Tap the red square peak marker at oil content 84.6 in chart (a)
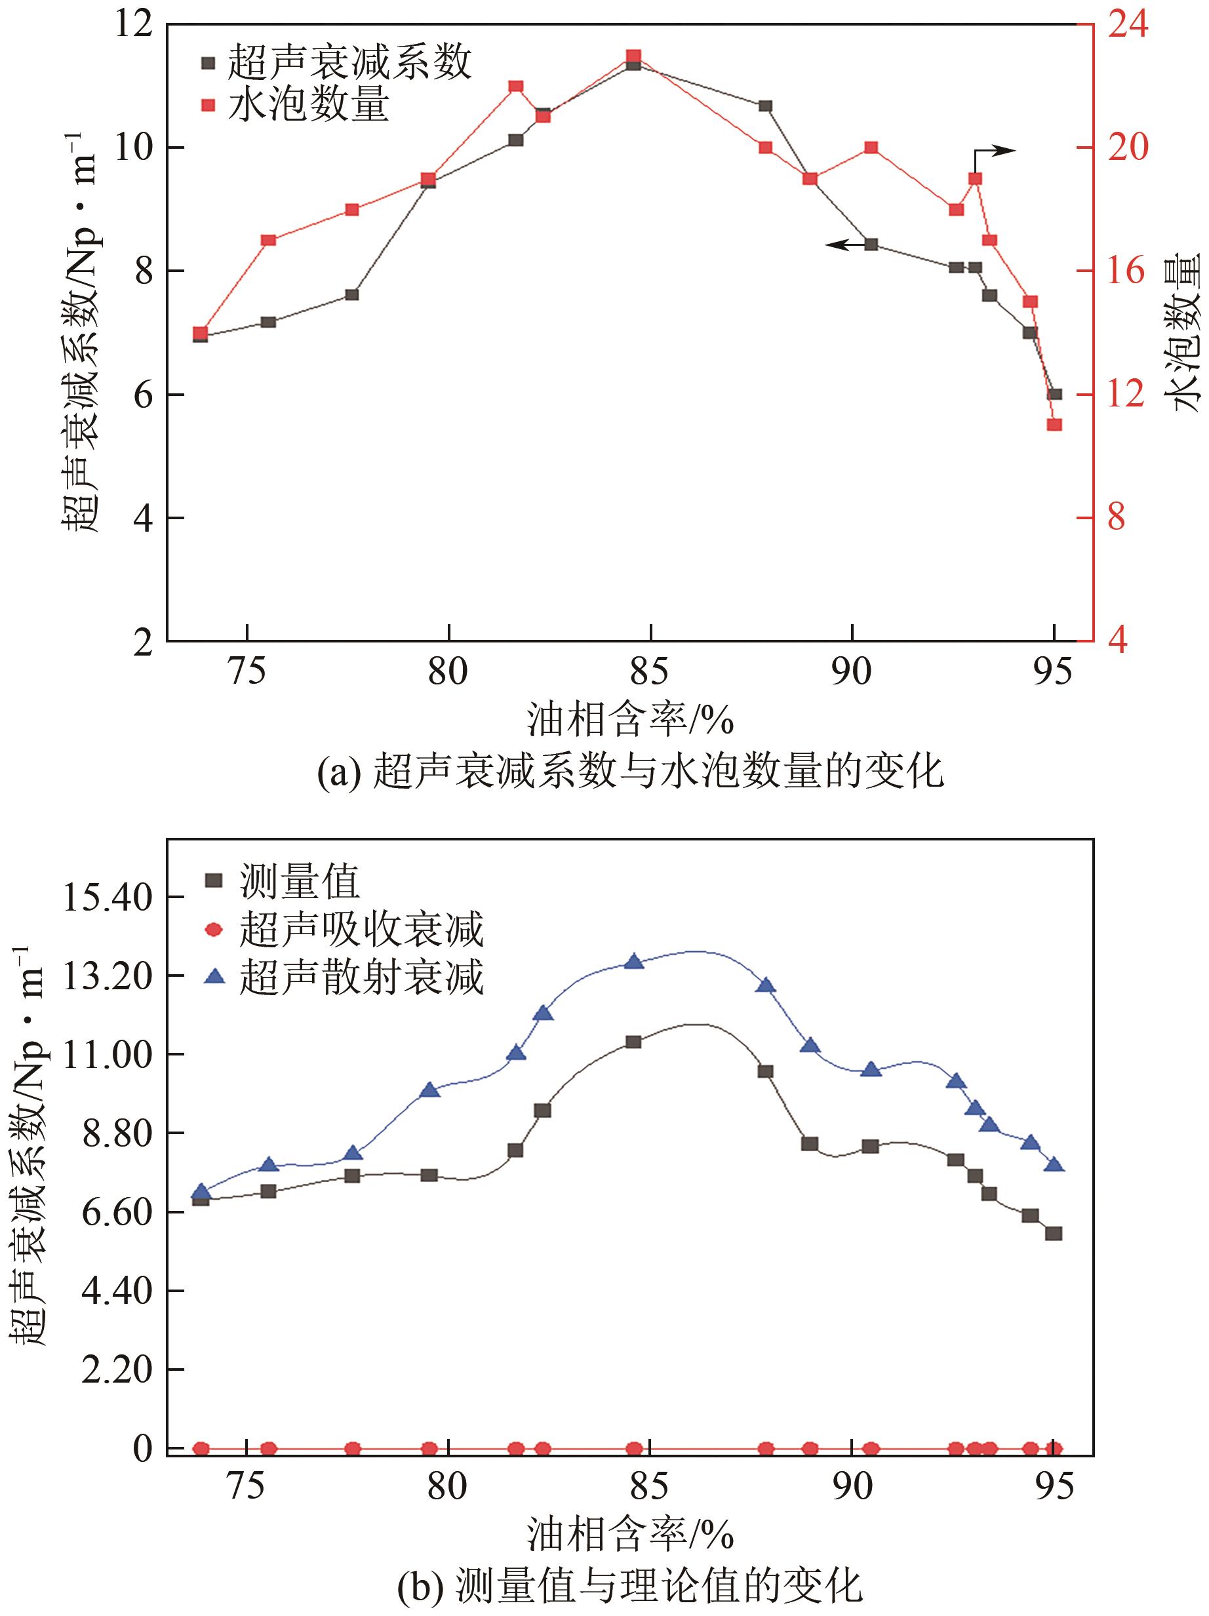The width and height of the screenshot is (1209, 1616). [633, 56]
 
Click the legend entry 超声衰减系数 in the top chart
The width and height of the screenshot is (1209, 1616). [349, 62]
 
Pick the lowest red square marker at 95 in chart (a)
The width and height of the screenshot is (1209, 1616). [1054, 424]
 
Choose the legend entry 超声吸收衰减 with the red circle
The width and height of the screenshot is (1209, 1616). [361, 929]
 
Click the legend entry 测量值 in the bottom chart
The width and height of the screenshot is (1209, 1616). [300, 882]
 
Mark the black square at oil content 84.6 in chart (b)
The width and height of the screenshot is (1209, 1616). [633, 1042]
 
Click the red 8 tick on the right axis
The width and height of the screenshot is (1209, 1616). [1115, 518]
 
